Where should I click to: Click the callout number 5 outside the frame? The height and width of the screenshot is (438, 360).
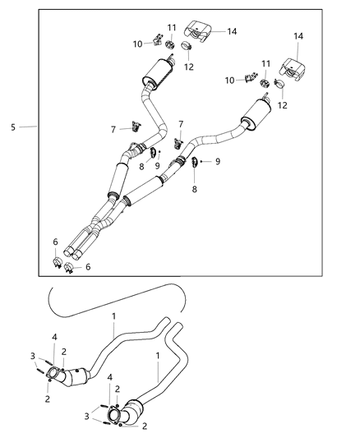tap(14, 127)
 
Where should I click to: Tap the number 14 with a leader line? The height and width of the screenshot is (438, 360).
tap(232, 31)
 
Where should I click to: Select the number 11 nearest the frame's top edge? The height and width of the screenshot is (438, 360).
tap(172, 28)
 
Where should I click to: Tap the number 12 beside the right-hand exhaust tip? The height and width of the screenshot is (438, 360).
tap(283, 105)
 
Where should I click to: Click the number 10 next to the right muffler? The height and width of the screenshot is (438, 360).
tap(229, 80)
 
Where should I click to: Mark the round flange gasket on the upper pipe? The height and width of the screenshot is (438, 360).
tap(56, 375)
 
